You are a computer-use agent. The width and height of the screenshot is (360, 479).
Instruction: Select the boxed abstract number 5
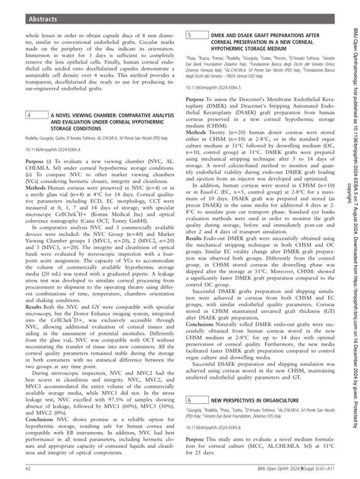coord(189,35)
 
